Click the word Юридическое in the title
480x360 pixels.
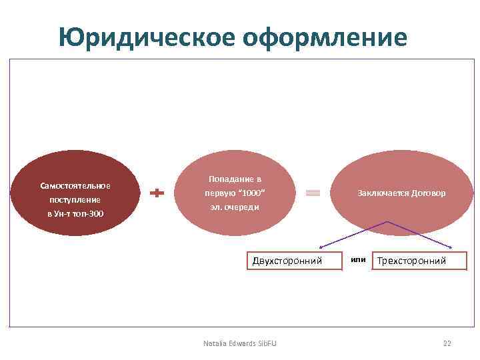point(146,37)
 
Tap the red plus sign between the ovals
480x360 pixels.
point(157,193)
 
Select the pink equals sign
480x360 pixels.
point(313,193)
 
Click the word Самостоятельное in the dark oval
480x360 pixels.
point(75,185)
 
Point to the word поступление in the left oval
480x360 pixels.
point(75,199)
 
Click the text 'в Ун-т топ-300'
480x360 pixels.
point(75,214)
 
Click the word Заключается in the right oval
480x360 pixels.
point(383,193)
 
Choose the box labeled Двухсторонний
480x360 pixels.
point(287,261)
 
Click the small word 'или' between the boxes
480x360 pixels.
point(358,259)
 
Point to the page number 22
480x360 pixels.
point(447,343)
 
